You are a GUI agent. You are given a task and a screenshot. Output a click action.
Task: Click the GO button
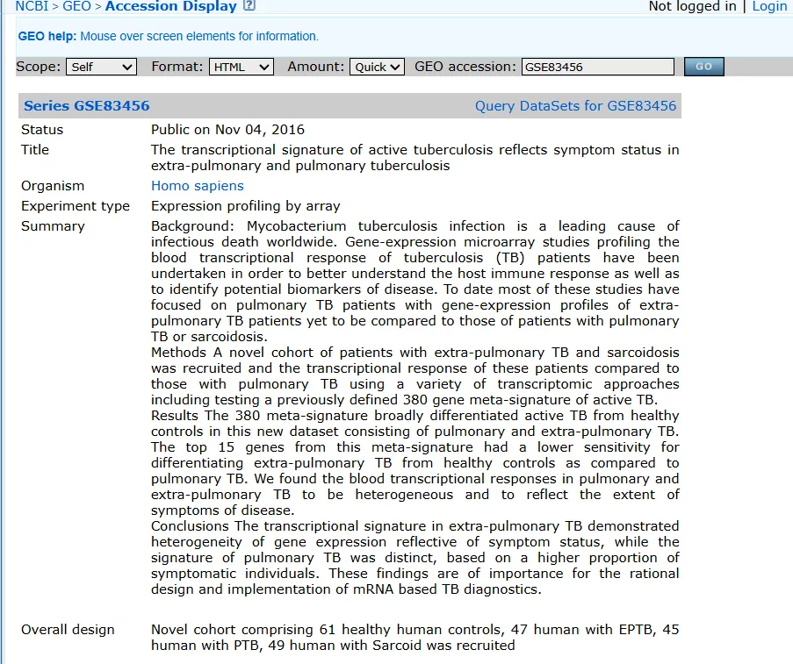tap(703, 67)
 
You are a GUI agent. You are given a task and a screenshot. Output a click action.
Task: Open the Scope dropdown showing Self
tap(102, 67)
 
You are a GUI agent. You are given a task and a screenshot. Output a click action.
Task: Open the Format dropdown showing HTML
tap(242, 67)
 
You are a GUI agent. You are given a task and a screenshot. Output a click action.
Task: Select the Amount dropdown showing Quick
tap(377, 67)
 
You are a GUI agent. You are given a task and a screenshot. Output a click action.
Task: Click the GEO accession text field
tap(597, 67)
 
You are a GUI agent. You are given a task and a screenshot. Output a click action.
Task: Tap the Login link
tap(769, 6)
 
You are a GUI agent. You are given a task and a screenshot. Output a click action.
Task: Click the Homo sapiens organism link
tap(198, 186)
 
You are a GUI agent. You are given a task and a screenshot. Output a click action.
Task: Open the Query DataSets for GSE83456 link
tap(575, 106)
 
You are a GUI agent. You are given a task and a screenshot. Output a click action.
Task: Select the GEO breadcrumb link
tap(76, 6)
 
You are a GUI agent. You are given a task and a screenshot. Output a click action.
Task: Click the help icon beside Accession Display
tap(249, 6)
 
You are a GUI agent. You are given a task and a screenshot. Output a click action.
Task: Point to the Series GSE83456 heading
tap(87, 106)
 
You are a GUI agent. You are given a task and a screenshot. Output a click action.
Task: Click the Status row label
tap(42, 130)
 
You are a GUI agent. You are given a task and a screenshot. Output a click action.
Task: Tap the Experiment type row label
tap(76, 206)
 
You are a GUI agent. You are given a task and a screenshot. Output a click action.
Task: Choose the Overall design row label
tap(68, 630)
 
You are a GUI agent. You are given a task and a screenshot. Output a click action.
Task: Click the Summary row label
tap(53, 226)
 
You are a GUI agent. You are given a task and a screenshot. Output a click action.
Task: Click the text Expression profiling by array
tap(245, 206)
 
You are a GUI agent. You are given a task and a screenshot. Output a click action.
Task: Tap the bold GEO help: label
tap(47, 37)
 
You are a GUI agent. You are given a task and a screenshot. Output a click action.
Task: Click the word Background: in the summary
tap(195, 226)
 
